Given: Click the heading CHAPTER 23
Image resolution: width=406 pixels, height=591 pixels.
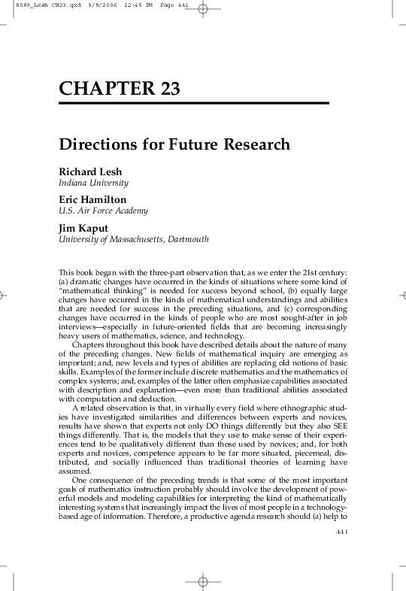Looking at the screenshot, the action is pyautogui.click(x=120, y=89).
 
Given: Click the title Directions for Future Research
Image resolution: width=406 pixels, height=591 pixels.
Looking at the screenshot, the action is pyautogui.click(x=174, y=144).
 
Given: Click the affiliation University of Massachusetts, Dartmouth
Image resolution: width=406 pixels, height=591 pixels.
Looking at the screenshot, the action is pyautogui.click(x=133, y=239).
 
